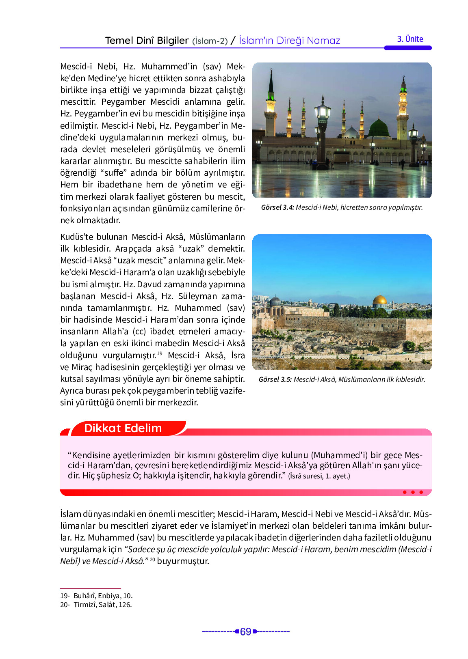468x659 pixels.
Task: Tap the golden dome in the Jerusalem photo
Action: (x=379, y=301)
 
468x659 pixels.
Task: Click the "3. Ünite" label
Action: (x=410, y=39)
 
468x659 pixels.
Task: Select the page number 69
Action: (x=245, y=632)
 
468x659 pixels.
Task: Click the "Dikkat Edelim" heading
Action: (x=123, y=428)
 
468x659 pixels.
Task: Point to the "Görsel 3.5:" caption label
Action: (x=275, y=379)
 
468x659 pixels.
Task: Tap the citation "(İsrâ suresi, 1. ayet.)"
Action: (x=319, y=476)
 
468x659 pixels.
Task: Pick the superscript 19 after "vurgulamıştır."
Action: (x=160, y=353)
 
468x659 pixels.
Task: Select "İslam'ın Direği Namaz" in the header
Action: (x=289, y=41)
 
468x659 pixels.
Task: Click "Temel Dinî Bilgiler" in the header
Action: (x=147, y=41)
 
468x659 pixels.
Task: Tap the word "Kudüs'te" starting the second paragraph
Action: (x=77, y=237)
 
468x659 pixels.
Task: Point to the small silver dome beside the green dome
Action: (x=351, y=132)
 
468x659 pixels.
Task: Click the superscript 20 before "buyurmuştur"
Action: (x=152, y=560)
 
